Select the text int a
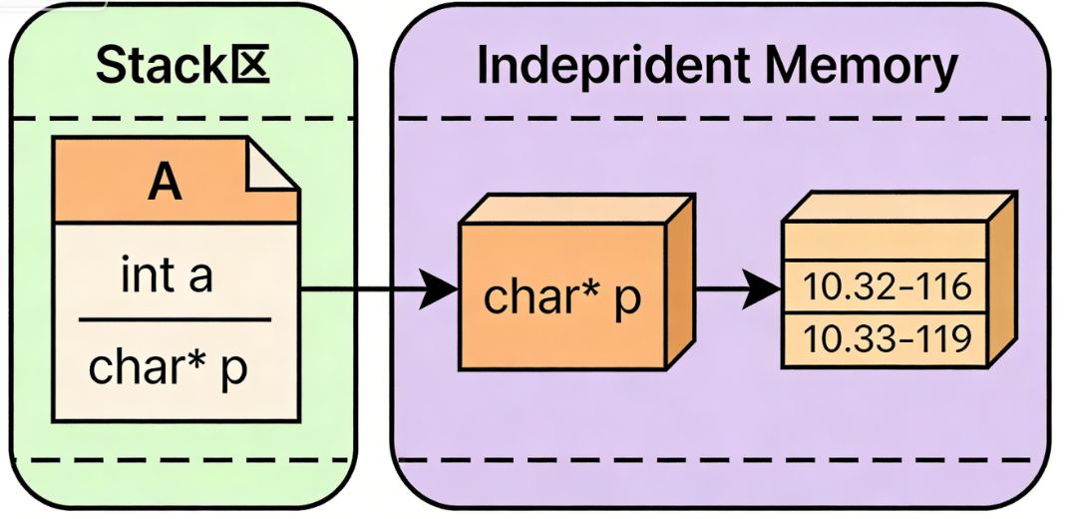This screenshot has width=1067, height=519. click(x=167, y=276)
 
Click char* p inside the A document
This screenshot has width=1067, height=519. click(x=168, y=367)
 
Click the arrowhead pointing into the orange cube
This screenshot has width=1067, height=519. click(x=439, y=290)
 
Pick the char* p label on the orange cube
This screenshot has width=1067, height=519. click(x=560, y=297)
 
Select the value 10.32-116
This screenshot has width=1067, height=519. click(x=887, y=287)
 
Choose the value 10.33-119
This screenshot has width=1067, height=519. click(x=887, y=338)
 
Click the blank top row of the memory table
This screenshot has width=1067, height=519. click(x=887, y=242)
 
